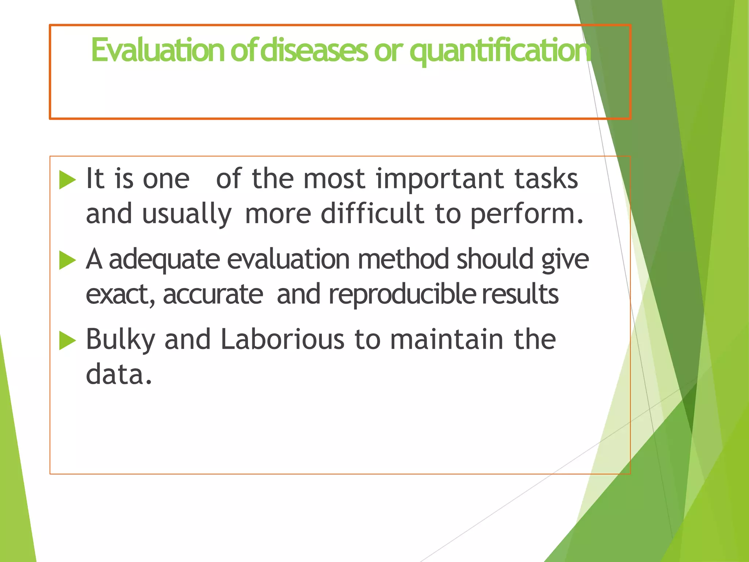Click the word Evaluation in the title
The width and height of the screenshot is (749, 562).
157,50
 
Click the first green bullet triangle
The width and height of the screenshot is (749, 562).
67,180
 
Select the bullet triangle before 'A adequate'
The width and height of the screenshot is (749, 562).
67,260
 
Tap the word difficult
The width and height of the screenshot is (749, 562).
372,214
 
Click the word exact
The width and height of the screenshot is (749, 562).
119,295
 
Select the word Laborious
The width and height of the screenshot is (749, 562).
282,339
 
